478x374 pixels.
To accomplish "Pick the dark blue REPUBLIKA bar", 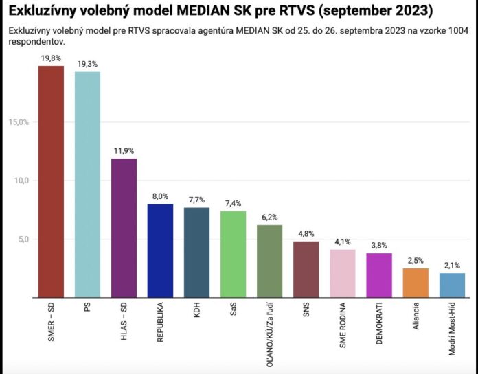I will pyautogui.click(x=160, y=250).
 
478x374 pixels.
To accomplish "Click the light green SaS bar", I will pyautogui.click(x=233, y=254).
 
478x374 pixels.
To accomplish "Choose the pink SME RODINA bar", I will pyautogui.click(x=343, y=273).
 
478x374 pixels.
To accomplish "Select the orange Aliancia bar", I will pyautogui.click(x=416, y=283).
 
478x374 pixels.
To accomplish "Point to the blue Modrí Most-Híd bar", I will pyautogui.click(x=452, y=285).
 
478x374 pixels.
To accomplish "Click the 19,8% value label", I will pyautogui.click(x=51, y=59).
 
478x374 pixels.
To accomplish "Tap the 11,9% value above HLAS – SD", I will pyautogui.click(x=124, y=152).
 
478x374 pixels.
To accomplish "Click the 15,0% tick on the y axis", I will pyautogui.click(x=19, y=122).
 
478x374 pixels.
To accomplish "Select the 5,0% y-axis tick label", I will pyautogui.click(x=21, y=239).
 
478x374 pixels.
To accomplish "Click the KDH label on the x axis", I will pyautogui.click(x=197, y=315).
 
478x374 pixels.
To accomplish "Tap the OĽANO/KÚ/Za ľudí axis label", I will pyautogui.click(x=270, y=333).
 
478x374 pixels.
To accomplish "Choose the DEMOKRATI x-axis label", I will pyautogui.click(x=379, y=326).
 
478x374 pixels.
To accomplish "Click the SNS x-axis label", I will pyautogui.click(x=306, y=314).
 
